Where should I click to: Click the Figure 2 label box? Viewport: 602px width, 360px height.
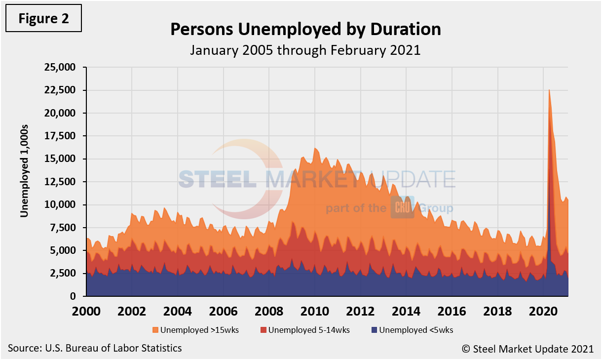[44, 18]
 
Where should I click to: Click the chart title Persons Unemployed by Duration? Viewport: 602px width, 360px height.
[305, 30]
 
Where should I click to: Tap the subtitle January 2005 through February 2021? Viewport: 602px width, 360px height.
[305, 50]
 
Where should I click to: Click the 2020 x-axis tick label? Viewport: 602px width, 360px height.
[543, 312]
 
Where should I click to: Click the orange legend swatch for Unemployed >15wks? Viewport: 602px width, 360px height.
[155, 330]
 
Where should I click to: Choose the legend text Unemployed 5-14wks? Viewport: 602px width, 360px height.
[309, 330]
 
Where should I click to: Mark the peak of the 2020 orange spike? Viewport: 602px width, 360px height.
[550, 90]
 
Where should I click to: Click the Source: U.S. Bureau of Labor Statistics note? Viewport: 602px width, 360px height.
[95, 348]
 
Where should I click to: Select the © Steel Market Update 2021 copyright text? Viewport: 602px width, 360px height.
[527, 349]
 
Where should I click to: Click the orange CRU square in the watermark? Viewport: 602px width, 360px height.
[402, 208]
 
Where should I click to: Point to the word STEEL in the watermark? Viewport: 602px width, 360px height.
[217, 179]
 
